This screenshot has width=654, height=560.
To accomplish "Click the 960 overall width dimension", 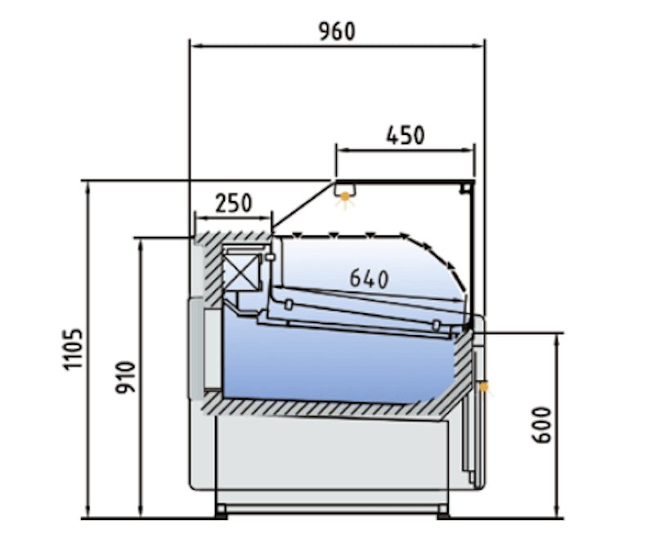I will [x=336, y=31].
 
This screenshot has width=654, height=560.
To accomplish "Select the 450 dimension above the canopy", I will [x=405, y=135].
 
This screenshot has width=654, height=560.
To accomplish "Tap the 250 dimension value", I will [x=233, y=203].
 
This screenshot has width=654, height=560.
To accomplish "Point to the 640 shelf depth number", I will [x=369, y=278].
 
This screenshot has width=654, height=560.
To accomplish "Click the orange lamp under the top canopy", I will [x=347, y=196].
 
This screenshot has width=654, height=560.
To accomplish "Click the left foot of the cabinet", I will [x=221, y=511].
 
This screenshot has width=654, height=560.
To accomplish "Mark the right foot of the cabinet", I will [x=442, y=511].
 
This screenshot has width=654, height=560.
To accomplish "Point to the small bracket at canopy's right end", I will [x=465, y=187].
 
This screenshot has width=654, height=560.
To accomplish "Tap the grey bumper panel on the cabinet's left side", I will [x=196, y=347].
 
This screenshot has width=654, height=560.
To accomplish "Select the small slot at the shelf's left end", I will [x=289, y=306].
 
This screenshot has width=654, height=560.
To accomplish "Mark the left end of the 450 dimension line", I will [x=337, y=150].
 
